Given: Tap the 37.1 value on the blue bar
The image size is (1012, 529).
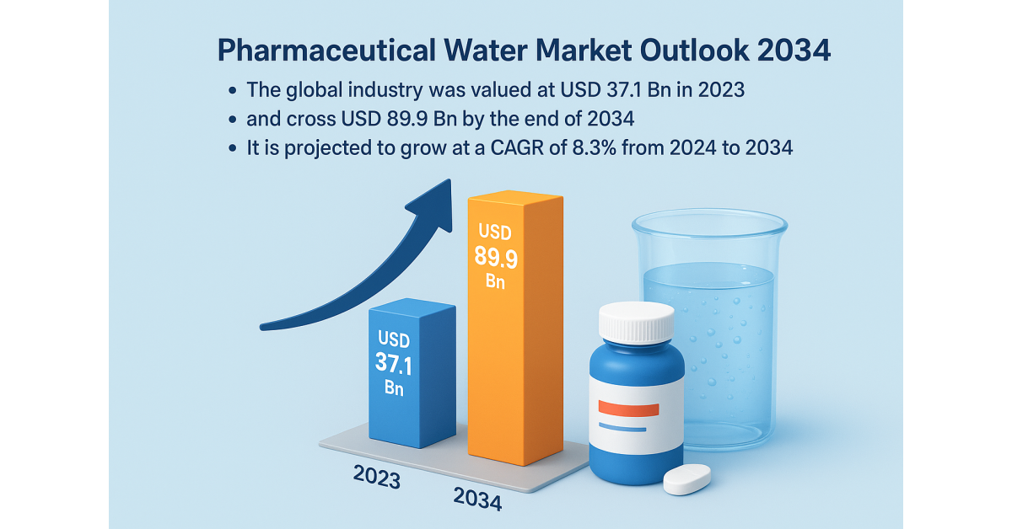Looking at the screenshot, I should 392,364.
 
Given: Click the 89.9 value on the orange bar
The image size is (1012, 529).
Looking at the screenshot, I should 495,256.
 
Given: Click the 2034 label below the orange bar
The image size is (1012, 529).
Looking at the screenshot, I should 477,500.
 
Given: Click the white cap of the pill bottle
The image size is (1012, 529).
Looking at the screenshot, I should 637,322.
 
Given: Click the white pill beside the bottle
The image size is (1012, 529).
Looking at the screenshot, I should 687,478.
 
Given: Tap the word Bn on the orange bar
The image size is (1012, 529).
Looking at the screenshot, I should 495,282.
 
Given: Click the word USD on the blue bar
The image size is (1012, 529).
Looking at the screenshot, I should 394,340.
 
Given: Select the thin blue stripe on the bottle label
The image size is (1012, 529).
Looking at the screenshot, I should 623,427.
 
